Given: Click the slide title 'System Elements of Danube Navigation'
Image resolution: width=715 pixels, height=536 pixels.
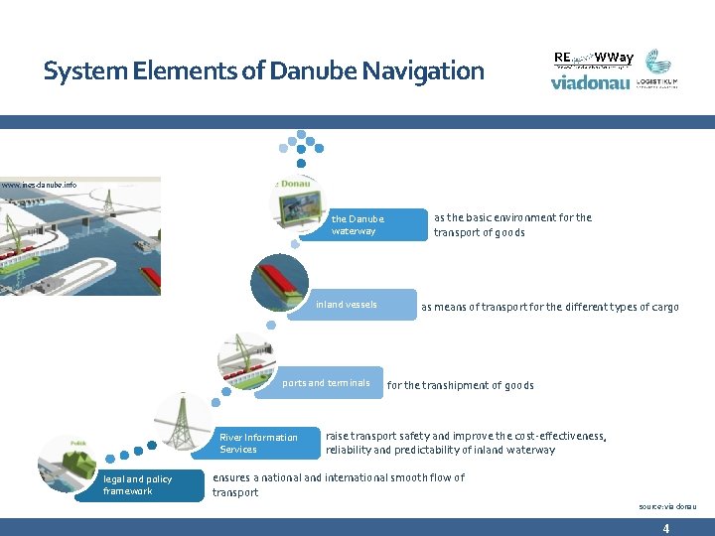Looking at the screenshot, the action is click(263, 71).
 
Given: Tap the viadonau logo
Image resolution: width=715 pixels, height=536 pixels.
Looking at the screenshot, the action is click(590, 83).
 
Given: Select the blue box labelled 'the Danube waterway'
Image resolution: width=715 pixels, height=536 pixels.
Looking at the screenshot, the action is click(367, 225).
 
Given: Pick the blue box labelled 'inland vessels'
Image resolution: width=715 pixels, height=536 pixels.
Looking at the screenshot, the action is click(357, 305).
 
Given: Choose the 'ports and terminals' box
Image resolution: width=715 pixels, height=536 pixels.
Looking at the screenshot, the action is click(328, 383).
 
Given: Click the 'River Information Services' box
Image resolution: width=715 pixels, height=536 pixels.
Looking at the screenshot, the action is click(263, 444).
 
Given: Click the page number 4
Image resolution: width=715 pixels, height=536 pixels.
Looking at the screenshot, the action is click(665, 529).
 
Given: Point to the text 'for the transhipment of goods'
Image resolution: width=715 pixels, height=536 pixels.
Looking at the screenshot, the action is click(460, 385).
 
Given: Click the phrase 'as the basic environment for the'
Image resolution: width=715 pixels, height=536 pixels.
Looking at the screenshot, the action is click(512, 217).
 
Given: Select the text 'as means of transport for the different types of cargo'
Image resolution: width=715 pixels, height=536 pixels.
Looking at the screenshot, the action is click(549, 307).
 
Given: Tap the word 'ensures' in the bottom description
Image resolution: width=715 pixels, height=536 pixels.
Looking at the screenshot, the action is click(231, 477).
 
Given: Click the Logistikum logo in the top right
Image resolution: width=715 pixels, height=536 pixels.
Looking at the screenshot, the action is click(658, 69).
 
